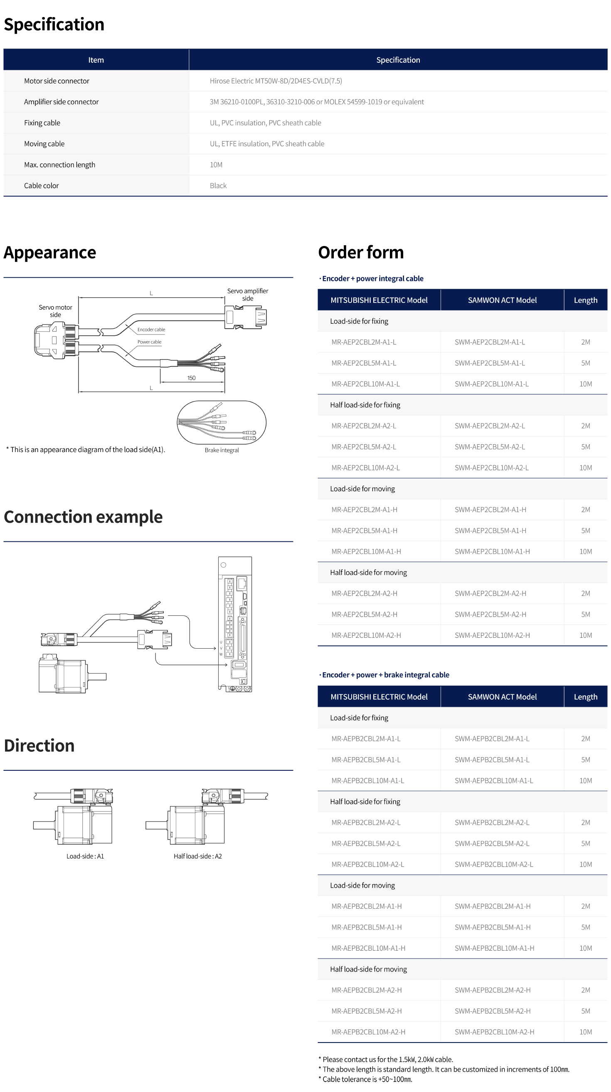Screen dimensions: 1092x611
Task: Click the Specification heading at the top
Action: (54, 25)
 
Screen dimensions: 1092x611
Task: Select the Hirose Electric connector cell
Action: (276, 81)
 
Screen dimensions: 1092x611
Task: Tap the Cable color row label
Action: (42, 186)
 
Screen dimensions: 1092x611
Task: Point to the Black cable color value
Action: (218, 186)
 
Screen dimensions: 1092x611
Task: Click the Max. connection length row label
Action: (59, 165)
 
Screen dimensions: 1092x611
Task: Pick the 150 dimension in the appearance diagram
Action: (191, 378)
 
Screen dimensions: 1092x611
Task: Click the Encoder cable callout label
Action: (151, 330)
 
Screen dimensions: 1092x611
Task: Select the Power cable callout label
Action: (149, 342)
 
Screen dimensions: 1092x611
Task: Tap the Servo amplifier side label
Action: (248, 294)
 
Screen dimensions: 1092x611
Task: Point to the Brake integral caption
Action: (222, 450)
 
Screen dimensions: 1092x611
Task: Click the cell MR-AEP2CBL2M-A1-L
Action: (364, 342)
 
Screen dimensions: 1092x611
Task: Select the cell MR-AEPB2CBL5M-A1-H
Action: (366, 927)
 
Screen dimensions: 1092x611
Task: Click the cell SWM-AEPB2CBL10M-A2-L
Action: (493, 864)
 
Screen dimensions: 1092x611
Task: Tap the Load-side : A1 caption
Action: (85, 856)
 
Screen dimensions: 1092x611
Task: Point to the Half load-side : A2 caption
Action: (197, 856)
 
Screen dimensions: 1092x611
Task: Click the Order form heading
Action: (361, 252)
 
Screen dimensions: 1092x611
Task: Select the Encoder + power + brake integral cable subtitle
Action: (385, 675)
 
